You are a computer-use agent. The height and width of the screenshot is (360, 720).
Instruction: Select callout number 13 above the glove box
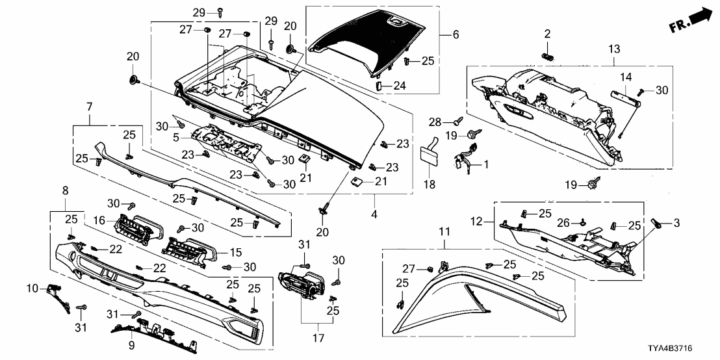[x=615, y=49]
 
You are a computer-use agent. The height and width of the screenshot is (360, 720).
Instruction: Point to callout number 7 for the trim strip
[x=89, y=105]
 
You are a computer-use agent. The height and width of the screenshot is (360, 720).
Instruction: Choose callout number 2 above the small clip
[x=547, y=33]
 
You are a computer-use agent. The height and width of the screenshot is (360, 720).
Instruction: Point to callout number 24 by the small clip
[x=400, y=84]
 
